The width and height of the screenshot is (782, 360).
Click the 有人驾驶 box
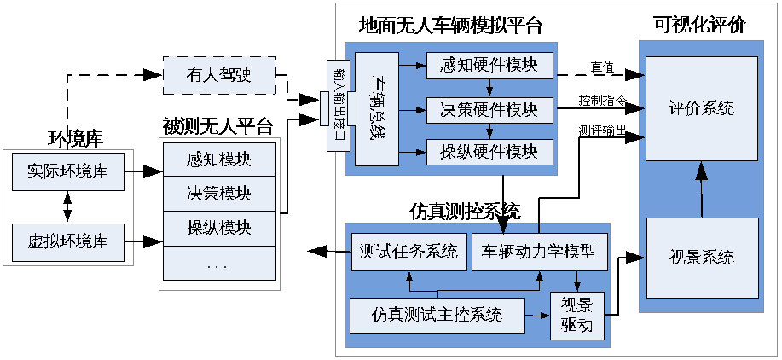click(219, 75)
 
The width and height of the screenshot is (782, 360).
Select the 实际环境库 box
click(67, 171)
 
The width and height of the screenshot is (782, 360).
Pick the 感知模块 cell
click(219, 159)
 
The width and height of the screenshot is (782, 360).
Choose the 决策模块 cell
click(219, 193)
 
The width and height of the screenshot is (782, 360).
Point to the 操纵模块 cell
click(219, 228)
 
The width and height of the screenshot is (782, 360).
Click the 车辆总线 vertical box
click(376, 108)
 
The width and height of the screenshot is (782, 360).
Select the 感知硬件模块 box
click(489, 65)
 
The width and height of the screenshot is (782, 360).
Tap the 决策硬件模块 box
click(489, 109)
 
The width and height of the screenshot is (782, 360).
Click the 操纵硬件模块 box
click(489, 152)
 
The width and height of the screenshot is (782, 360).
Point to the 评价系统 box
click(701, 108)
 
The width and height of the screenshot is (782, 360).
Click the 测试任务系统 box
click(409, 253)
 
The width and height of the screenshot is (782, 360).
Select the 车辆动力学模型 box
click(539, 253)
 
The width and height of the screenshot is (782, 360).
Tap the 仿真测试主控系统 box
click(437, 315)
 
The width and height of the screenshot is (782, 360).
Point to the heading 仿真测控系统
click(465, 211)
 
